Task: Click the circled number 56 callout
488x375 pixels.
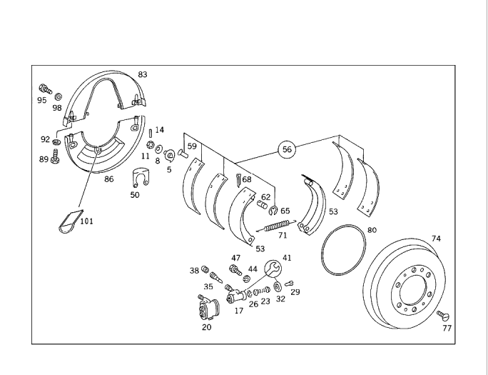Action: point(287,149)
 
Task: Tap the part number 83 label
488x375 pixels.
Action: point(143,74)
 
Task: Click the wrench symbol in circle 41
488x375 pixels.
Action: point(273,269)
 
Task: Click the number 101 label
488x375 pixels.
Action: point(86,221)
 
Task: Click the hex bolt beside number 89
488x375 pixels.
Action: point(55,159)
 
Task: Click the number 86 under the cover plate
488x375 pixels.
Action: point(109,179)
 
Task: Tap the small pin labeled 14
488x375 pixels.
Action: point(150,131)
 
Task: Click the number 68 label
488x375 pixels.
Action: point(246,179)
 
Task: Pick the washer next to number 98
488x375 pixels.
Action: point(58,95)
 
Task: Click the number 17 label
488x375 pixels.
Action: point(238,311)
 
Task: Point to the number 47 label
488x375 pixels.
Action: point(236,258)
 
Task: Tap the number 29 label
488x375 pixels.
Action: point(295,292)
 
